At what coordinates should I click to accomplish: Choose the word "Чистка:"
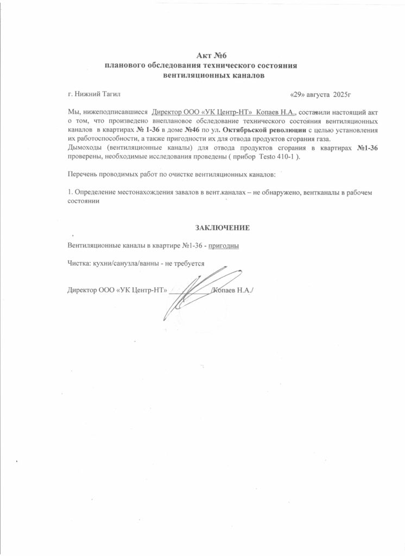pyautogui.click(x=79, y=263)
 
